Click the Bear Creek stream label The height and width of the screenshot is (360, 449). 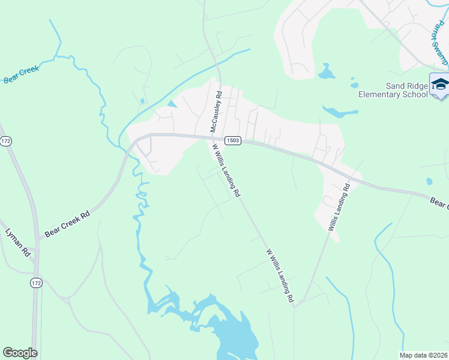(x=22, y=74)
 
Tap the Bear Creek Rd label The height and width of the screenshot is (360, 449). (x=67, y=223)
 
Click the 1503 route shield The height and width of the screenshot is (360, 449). (x=233, y=140)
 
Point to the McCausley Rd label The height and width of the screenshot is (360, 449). (x=215, y=112)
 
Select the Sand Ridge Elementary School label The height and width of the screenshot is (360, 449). (x=393, y=90)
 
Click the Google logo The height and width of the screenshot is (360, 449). (x=20, y=353)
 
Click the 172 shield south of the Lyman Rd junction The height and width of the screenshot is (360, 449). (x=37, y=282)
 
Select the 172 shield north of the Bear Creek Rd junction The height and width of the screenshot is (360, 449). (x=6, y=141)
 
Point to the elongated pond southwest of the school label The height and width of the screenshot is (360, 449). (x=340, y=112)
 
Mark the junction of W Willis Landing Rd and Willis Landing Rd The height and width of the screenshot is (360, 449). (x=296, y=305)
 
